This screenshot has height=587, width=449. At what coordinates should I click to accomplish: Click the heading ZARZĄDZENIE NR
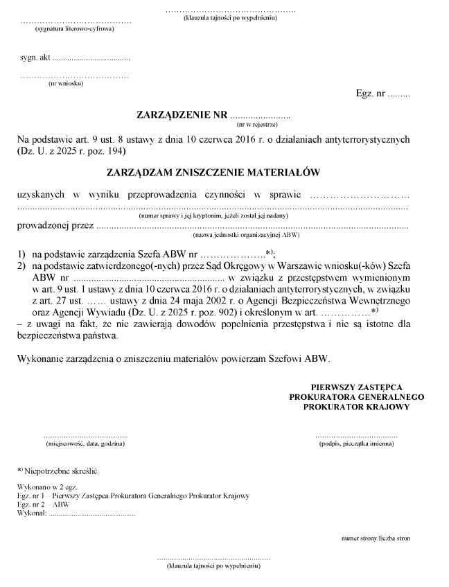click(182, 114)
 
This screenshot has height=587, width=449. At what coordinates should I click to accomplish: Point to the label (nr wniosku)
click(66, 84)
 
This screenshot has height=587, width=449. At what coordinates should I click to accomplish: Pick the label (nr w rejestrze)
click(257, 125)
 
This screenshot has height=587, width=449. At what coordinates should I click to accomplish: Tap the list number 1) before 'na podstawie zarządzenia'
click(21, 253)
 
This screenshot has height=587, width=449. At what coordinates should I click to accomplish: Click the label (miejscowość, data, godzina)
click(85, 444)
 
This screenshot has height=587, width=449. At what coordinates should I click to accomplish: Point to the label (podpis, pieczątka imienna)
click(356, 444)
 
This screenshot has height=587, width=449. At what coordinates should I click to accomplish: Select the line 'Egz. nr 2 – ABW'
click(43, 505)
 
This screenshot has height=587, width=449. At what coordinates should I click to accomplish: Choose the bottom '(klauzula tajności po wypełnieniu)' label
click(213, 566)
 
